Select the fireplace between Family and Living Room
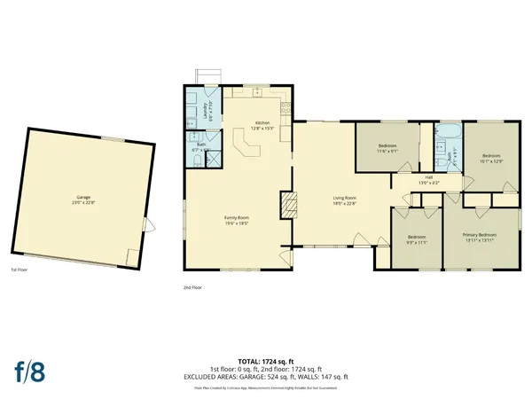287,206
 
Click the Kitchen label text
262,123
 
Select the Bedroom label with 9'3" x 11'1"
417,240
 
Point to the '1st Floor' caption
20,270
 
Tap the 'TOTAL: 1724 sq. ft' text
266,362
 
